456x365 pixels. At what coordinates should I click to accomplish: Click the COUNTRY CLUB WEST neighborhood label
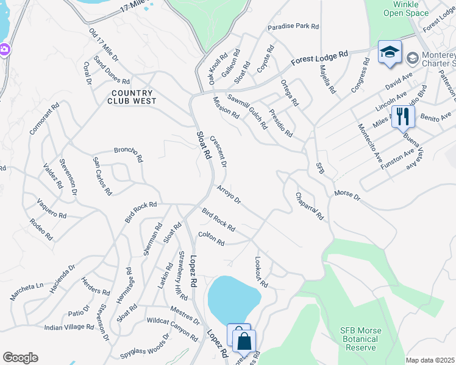132,97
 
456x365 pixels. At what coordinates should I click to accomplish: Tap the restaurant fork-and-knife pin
402,116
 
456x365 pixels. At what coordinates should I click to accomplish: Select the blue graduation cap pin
390,52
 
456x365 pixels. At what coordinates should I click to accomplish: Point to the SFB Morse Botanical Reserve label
360,339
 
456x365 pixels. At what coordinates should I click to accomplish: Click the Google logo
20,358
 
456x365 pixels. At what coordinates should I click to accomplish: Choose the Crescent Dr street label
218,151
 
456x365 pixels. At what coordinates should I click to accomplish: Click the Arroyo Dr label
229,195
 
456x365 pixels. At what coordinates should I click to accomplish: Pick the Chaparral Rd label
309,207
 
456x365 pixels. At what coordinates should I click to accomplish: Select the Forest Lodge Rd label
319,58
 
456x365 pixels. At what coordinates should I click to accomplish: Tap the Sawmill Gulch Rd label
247,111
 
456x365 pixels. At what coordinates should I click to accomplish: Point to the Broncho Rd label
128,155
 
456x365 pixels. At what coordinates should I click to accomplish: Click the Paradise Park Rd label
293,27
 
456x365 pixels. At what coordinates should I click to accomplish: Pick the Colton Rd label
211,238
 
